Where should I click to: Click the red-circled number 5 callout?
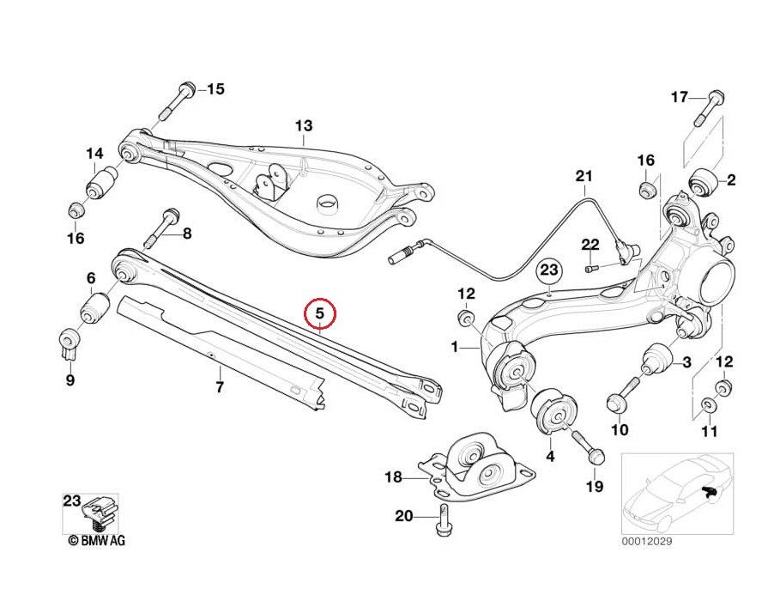319,314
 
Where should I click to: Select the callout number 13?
304,127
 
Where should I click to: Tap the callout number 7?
219,387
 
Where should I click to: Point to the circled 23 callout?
549,272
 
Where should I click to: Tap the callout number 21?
583,178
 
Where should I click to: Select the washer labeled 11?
707,404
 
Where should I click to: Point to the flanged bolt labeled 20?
444,519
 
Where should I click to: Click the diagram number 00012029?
649,542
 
